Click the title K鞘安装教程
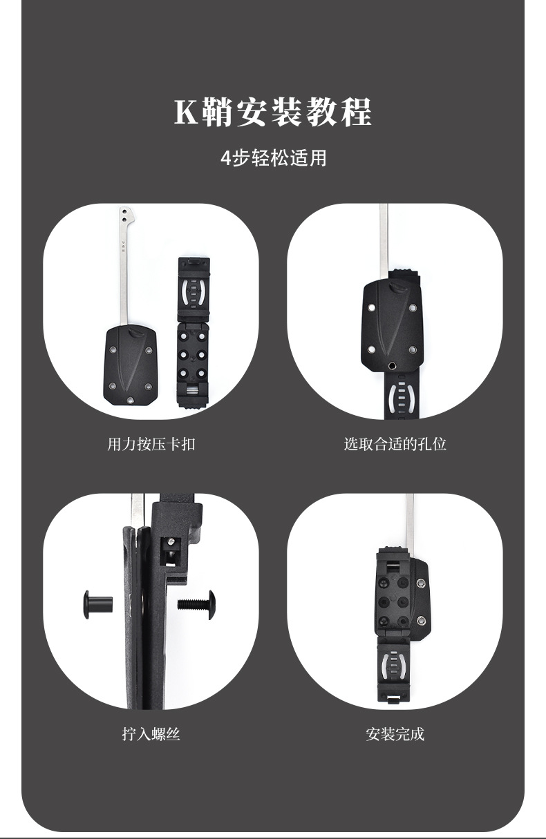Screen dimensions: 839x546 pos(273,113)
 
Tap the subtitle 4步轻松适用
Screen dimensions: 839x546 pos(273,158)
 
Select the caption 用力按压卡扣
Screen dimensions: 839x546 pos(151,444)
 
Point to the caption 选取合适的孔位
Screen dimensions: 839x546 pos(395,444)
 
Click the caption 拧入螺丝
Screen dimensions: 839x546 pos(151,734)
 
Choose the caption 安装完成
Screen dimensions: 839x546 pos(395,734)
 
